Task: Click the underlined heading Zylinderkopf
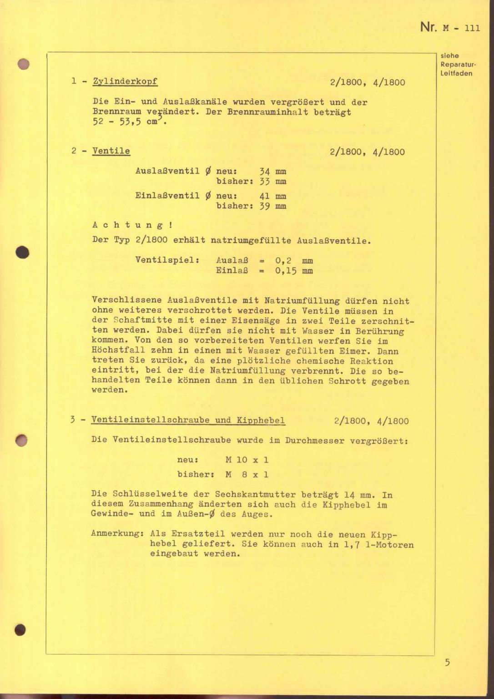pos(125,81)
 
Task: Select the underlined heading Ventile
pos(111,151)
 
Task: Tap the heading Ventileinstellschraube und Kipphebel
pos(188,420)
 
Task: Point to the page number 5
pos(447,662)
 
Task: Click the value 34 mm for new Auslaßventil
pos(272,172)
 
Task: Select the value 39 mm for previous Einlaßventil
pos(272,206)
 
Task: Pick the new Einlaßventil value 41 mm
pos(272,196)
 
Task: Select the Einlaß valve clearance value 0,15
pos(286,271)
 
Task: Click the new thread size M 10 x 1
pos(247,460)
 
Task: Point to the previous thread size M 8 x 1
pos(247,474)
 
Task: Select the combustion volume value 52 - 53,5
pos(116,122)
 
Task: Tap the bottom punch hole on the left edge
pos(20,630)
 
